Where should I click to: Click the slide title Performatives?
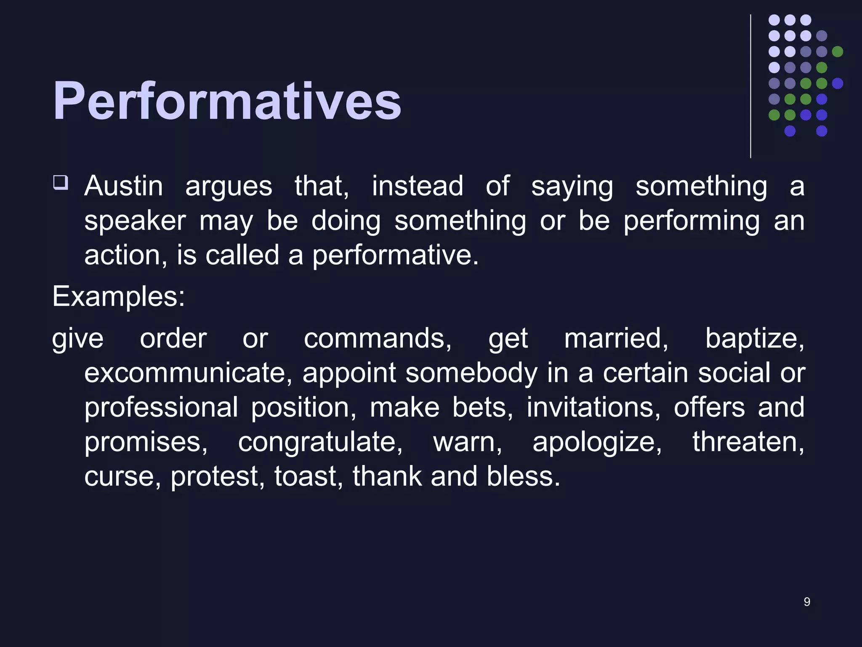[x=227, y=101]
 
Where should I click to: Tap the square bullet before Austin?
[x=60, y=183]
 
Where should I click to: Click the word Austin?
[x=123, y=186]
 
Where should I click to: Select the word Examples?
[x=118, y=297]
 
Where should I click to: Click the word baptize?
[x=754, y=338]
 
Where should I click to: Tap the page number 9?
[x=806, y=602]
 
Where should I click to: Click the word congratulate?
[x=320, y=442]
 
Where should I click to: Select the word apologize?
[x=597, y=442]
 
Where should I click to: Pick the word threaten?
[x=748, y=442]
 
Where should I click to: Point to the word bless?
[x=523, y=476]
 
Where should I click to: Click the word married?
[x=616, y=338]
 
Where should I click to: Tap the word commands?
[x=378, y=338]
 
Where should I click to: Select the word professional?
[x=161, y=407]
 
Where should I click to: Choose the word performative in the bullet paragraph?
[x=395, y=255]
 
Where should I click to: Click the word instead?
[x=418, y=186]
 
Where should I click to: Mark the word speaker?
[x=135, y=221]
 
